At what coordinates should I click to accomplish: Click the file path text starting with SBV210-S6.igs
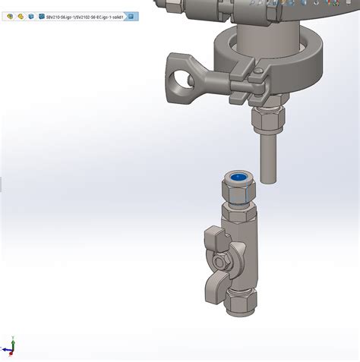click(84, 16)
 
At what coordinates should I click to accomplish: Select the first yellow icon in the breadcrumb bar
click(9, 16)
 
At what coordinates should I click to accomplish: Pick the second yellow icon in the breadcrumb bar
click(20, 16)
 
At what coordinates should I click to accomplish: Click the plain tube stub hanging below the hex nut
click(267, 156)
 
